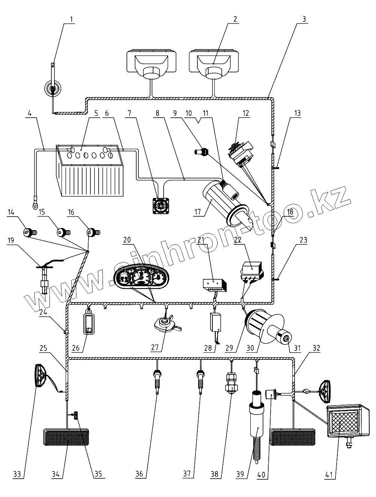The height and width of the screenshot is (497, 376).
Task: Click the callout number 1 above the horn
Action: click(72, 19)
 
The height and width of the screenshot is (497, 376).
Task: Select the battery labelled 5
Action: click(90, 171)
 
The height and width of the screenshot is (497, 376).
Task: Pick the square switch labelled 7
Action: click(161, 206)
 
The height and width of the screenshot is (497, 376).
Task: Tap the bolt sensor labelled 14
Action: click(30, 232)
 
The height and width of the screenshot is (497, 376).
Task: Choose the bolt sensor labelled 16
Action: click(93, 232)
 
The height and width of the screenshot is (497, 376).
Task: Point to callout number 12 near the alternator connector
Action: click(246, 113)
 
